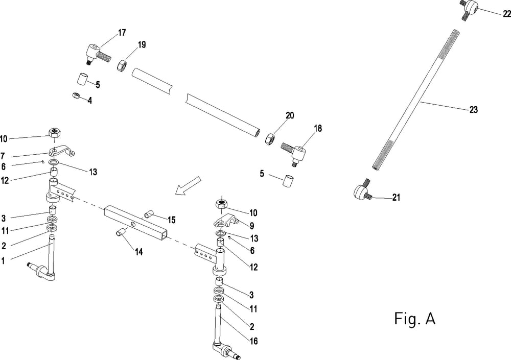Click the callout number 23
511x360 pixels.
point(473,109)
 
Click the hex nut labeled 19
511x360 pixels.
point(122,65)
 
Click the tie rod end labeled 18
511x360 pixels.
point(298,152)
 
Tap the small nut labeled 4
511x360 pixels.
point(75,95)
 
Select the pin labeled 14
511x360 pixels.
point(120,232)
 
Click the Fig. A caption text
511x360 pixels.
point(415,319)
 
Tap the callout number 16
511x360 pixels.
point(254,341)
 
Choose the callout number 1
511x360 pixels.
point(4,261)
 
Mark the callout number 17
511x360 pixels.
point(122,33)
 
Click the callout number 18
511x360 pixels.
point(318,129)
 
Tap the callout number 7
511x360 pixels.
point(4,155)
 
